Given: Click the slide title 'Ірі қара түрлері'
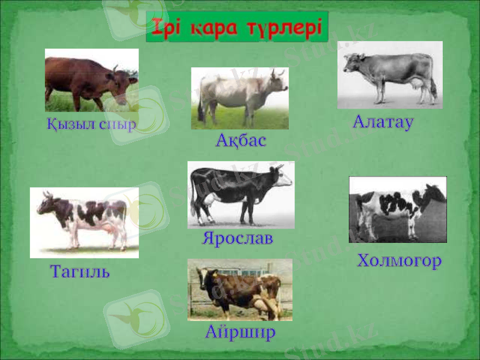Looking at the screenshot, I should pos(237,28).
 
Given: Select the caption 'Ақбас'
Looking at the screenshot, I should pos(241,142).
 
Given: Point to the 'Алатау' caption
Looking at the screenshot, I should pos(383,122).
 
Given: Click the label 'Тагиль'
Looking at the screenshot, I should pos(80,272).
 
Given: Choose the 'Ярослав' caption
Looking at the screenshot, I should pos(238,238).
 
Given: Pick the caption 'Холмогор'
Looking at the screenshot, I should pos(399,260).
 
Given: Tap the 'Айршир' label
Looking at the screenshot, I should pos(240,331).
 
